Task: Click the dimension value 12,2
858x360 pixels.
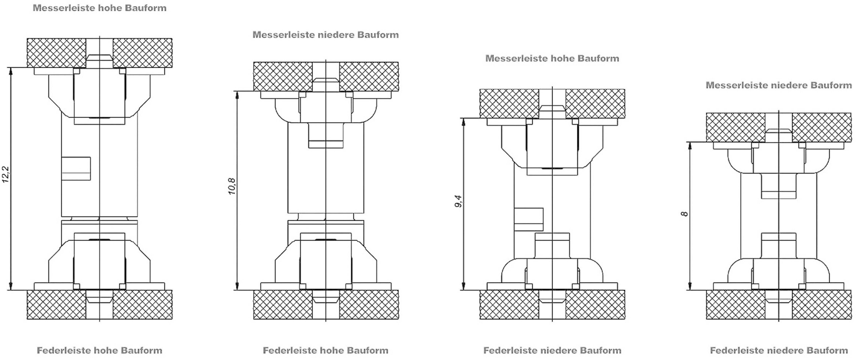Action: pos(6,174)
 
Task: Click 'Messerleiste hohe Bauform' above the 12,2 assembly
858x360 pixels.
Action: pos(100,8)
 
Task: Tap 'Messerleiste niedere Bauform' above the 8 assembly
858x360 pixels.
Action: pos(778,85)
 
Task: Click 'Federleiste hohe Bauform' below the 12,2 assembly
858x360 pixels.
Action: pos(100,350)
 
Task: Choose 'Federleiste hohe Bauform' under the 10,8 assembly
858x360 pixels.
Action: pos(325,350)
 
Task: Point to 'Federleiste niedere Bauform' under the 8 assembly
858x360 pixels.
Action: pos(778,350)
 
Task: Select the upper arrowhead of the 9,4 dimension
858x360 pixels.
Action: pos(463,122)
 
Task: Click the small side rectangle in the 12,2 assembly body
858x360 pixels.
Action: pos(76,169)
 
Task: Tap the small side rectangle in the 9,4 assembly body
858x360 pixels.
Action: pos(529,219)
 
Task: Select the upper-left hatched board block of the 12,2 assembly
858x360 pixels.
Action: pos(56,53)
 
